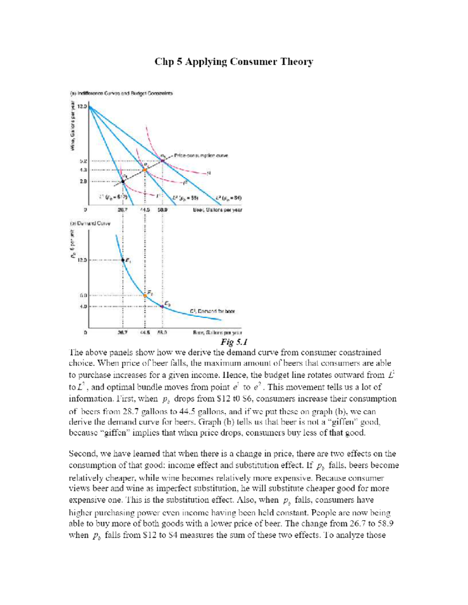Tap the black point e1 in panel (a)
[x=123, y=181]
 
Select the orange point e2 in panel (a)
[x=145, y=169]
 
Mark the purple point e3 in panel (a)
[x=162, y=160]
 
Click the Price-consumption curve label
[x=201, y=155]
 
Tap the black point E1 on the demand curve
[x=123, y=260]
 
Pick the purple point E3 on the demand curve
[x=162, y=306]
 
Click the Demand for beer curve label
[x=213, y=311]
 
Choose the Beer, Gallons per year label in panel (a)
[x=218, y=210]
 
